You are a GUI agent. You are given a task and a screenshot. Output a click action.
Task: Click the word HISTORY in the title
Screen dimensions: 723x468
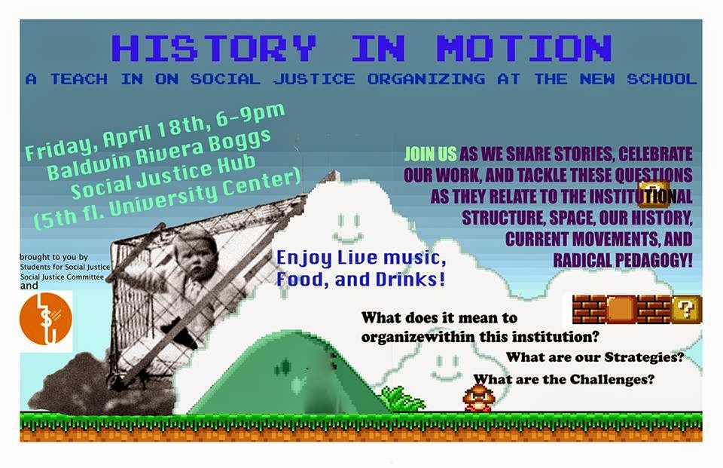pos(214,47)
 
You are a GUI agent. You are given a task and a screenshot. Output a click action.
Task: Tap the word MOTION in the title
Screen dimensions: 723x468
pos(524,47)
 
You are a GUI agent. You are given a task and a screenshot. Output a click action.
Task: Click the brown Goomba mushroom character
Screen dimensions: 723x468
pos(479,398)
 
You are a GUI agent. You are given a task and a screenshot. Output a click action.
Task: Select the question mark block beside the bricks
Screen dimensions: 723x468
pos(685,309)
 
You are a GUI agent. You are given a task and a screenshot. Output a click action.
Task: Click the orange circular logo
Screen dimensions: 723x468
pos(46,319)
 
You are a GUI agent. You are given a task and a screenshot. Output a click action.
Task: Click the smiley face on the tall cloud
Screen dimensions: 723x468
pos(348,228)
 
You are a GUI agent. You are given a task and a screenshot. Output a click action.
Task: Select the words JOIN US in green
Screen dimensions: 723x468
pos(430,154)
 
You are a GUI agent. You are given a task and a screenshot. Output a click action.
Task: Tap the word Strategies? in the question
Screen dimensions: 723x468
pos(644,357)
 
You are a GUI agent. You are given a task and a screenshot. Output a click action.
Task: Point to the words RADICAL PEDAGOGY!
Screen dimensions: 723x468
pos(623,260)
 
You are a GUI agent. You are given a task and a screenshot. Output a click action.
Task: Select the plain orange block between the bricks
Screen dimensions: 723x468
pos(621,309)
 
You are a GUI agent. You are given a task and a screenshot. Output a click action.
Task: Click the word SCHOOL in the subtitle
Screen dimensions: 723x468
pos(661,79)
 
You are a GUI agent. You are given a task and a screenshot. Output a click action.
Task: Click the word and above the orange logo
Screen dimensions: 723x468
pos(29,286)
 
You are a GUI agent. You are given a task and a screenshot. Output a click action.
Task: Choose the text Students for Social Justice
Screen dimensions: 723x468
pos(65,267)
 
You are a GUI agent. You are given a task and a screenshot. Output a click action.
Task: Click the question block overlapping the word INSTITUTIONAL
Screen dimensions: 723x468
pos(654,194)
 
